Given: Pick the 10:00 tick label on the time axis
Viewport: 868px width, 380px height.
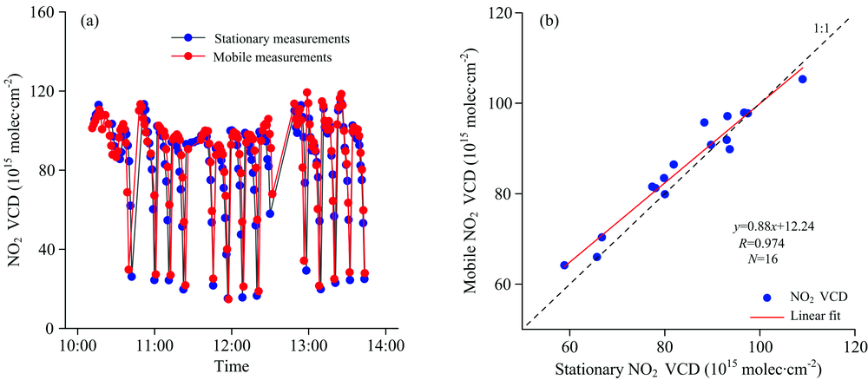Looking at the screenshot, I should pos(78,344).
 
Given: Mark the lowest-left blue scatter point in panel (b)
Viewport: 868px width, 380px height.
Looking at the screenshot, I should pos(564,265).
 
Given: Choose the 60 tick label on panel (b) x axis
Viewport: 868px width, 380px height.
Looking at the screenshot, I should pos(569,344).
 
